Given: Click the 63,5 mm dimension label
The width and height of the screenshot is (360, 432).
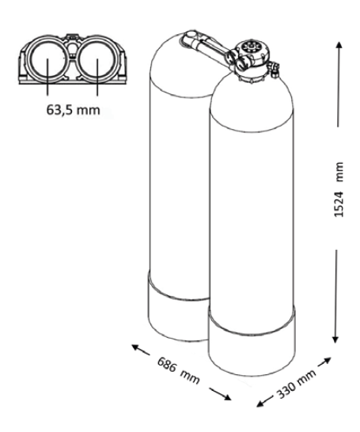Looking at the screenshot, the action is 73,110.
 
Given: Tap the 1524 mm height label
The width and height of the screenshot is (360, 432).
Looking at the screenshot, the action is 339,189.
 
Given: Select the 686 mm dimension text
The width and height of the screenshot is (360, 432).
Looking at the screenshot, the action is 178,369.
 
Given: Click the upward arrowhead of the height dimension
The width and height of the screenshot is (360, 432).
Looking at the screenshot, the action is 339,45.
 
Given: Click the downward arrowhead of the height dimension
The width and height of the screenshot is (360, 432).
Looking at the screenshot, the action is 335,339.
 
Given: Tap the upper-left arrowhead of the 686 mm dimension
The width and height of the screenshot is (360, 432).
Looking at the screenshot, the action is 135,347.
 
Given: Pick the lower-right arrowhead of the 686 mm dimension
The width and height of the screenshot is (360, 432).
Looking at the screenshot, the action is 227,397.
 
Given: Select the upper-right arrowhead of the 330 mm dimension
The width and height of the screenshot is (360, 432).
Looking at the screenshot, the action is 327,360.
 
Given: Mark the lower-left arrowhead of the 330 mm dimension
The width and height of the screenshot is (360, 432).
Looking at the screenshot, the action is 260,404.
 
